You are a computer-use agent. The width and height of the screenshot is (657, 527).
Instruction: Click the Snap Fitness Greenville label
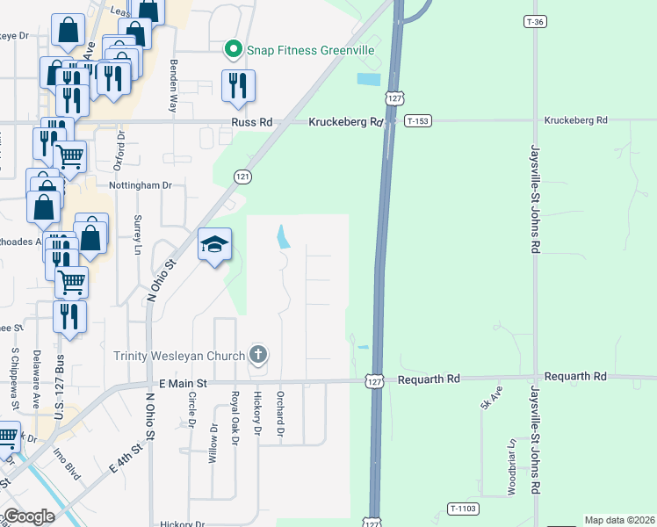(x=311, y=50)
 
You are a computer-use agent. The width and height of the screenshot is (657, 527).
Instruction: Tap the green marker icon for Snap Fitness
(x=234, y=49)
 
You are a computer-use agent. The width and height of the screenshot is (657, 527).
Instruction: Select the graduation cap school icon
(x=214, y=245)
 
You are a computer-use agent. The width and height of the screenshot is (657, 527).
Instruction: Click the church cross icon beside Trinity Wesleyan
(x=257, y=355)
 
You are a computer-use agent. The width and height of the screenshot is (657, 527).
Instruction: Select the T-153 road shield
(x=418, y=121)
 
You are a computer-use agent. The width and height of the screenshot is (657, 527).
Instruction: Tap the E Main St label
(x=183, y=383)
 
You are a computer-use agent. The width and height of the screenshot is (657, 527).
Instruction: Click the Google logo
(x=29, y=516)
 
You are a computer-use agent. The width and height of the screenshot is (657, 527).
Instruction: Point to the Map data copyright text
(x=619, y=520)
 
